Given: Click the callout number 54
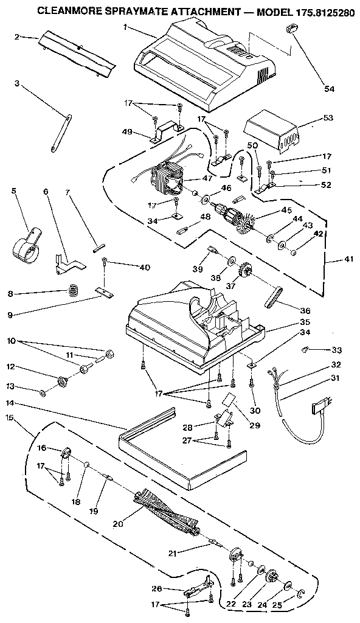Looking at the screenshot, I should coord(329,89).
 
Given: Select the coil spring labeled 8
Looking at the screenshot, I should coord(74,290).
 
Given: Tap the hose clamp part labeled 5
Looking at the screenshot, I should coord(27,246).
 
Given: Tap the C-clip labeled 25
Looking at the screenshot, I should coord(301,592).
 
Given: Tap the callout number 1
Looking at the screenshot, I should coord(124,27).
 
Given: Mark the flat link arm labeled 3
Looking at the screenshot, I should coord(60,130).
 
